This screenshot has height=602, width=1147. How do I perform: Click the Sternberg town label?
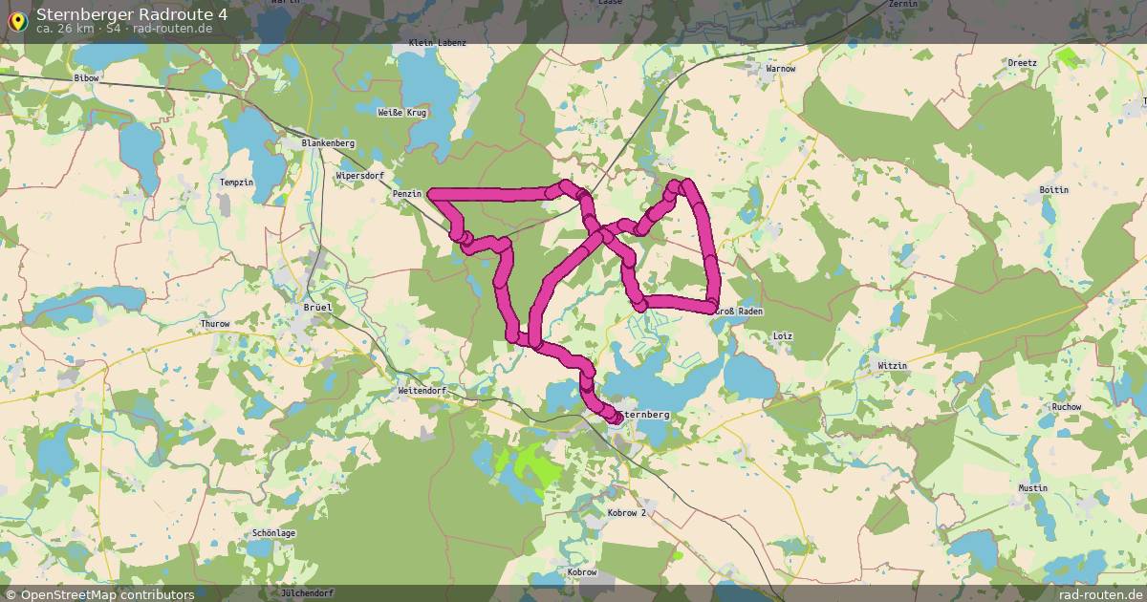click(x=646, y=416)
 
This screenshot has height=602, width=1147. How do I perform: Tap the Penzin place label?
click(x=407, y=194)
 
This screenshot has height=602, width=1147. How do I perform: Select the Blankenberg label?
click(x=328, y=143)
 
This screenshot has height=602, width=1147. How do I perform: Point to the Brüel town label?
click(x=316, y=308)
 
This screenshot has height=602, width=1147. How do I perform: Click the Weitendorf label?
click(x=422, y=391)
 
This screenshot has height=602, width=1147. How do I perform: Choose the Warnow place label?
click(x=781, y=69)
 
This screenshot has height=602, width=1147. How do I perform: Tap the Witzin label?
click(x=892, y=366)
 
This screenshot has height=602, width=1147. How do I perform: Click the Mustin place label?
click(x=1032, y=488)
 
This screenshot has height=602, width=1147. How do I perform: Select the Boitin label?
click(x=1053, y=190)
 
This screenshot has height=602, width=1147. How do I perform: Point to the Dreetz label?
click(x=1022, y=63)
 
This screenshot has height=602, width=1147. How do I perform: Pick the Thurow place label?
click(x=215, y=324)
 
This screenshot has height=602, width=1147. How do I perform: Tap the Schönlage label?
click(x=273, y=533)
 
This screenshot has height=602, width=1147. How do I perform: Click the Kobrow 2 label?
click(x=627, y=513)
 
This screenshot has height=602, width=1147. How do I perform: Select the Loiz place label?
click(x=782, y=336)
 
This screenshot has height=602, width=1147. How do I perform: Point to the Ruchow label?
click(x=1066, y=407)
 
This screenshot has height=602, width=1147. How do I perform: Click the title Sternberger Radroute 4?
click(x=132, y=13)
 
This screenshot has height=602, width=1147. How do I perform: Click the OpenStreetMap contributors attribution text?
click(x=107, y=594)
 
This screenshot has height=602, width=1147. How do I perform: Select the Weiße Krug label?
click(x=402, y=113)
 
